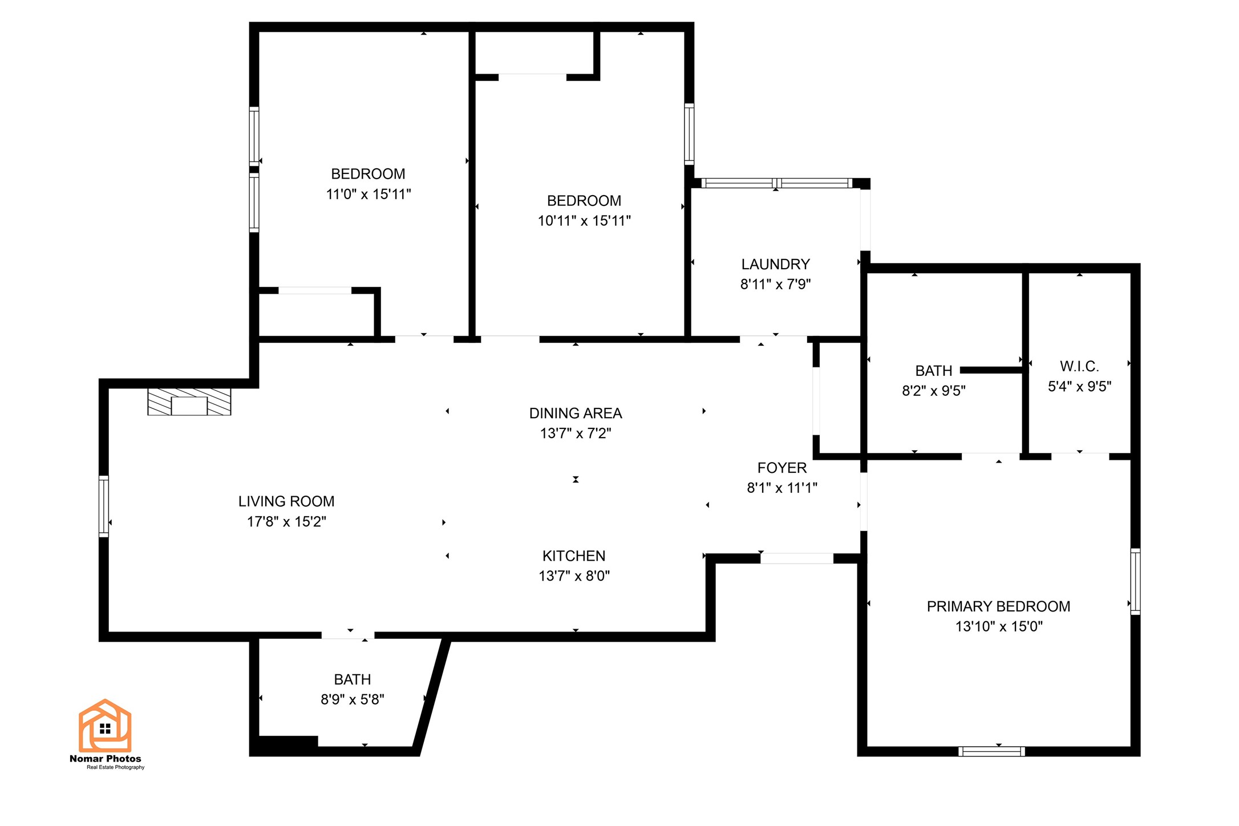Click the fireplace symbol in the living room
tap(189, 402)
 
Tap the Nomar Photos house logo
tap(105, 726)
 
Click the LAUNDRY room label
tap(775, 264)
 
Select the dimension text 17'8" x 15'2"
tap(286, 521)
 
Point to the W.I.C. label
tap(1079, 366)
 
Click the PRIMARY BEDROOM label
tap(998, 606)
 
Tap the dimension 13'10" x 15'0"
tap(999, 626)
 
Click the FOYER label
tap(782, 468)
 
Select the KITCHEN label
tap(574, 556)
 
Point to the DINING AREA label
tap(576, 413)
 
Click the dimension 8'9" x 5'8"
tap(353, 699)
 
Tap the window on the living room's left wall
tap(104, 506)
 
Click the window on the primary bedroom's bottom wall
tap(991, 751)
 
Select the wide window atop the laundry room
tap(776, 183)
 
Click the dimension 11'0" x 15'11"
tap(369, 194)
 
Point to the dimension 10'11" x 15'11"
tap(584, 221)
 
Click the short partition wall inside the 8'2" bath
tap(991, 370)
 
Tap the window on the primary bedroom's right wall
tap(1135, 581)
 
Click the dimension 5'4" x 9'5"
tap(1079, 387)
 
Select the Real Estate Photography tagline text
tap(115, 767)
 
